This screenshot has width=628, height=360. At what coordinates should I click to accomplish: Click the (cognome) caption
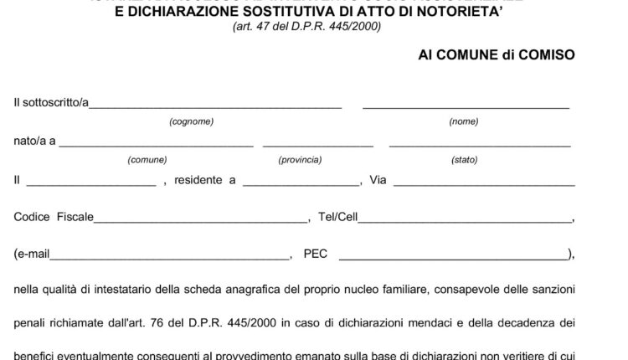(x=191, y=122)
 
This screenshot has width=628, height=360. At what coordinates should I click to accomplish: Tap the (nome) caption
(x=464, y=122)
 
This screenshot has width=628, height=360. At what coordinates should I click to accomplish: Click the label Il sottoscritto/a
(x=52, y=104)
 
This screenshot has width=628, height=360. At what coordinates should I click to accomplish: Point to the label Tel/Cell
(x=338, y=218)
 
